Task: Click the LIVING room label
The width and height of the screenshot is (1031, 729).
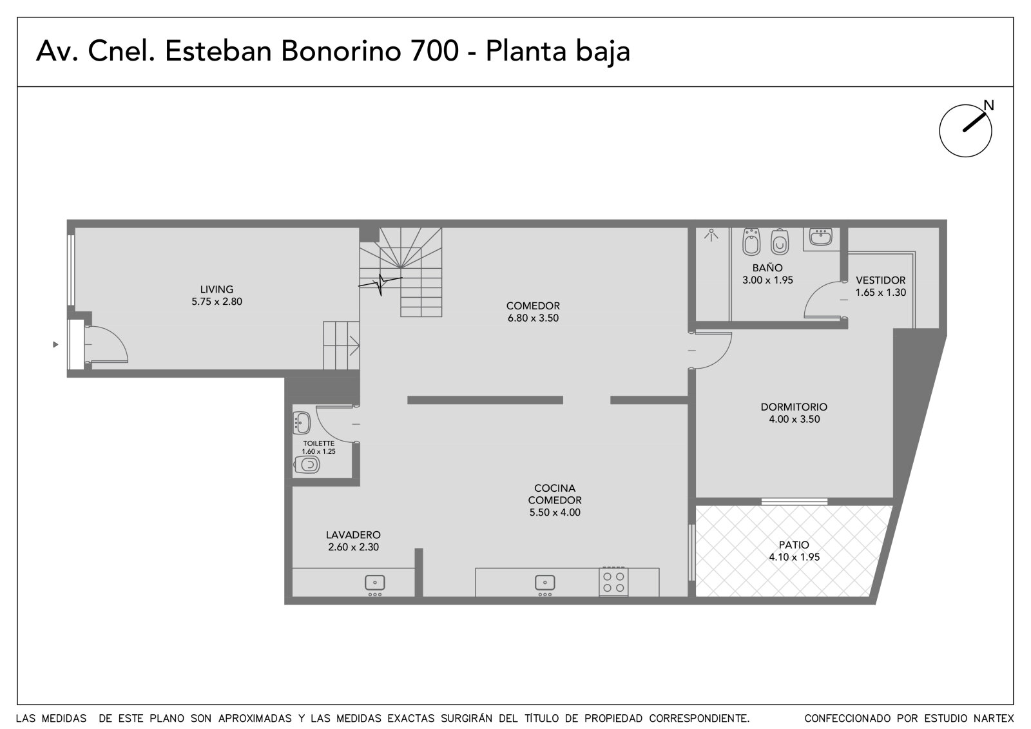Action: [217, 289]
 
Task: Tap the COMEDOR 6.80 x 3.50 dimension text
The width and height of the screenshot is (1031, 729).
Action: [533, 318]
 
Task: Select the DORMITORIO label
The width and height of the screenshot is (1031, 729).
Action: [794, 407]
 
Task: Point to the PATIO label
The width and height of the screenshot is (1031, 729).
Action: [794, 545]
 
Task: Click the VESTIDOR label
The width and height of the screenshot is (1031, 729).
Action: [880, 280]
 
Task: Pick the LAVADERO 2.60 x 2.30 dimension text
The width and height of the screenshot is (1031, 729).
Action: [354, 547]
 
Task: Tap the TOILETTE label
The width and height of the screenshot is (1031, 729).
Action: [318, 443]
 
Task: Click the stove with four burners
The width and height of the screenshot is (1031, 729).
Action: [613, 581]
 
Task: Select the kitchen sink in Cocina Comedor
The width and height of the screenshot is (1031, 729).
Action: [545, 583]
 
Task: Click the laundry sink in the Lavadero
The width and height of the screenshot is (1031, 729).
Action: [375, 583]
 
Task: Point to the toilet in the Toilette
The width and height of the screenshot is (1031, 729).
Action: [307, 465]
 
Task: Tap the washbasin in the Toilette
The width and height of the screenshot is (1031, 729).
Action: [302, 423]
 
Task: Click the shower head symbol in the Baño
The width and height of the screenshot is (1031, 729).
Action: [711, 235]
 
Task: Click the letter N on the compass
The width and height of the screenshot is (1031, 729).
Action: [988, 106]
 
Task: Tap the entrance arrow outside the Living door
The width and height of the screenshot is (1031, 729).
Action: [55, 344]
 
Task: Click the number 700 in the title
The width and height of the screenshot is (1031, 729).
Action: [434, 50]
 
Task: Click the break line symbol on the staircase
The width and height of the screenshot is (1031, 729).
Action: [381, 283]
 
